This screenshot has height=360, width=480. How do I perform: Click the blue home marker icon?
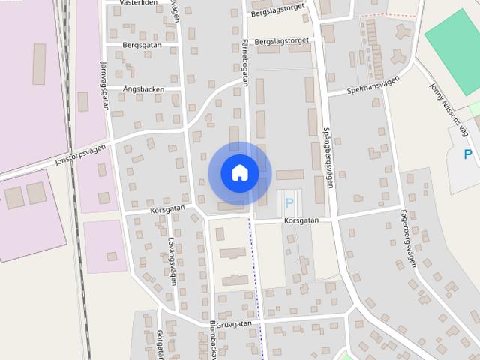point(239,172)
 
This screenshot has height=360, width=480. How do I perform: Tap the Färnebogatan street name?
point(245,64)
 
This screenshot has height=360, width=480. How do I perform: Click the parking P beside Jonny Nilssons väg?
point(468,155)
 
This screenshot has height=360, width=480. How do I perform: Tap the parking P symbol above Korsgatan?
point(289,203)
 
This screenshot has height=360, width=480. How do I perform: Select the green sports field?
point(453,41)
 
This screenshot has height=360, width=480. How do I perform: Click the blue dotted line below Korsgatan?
point(256,285)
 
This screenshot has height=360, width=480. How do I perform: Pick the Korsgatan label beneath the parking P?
point(301,220)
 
